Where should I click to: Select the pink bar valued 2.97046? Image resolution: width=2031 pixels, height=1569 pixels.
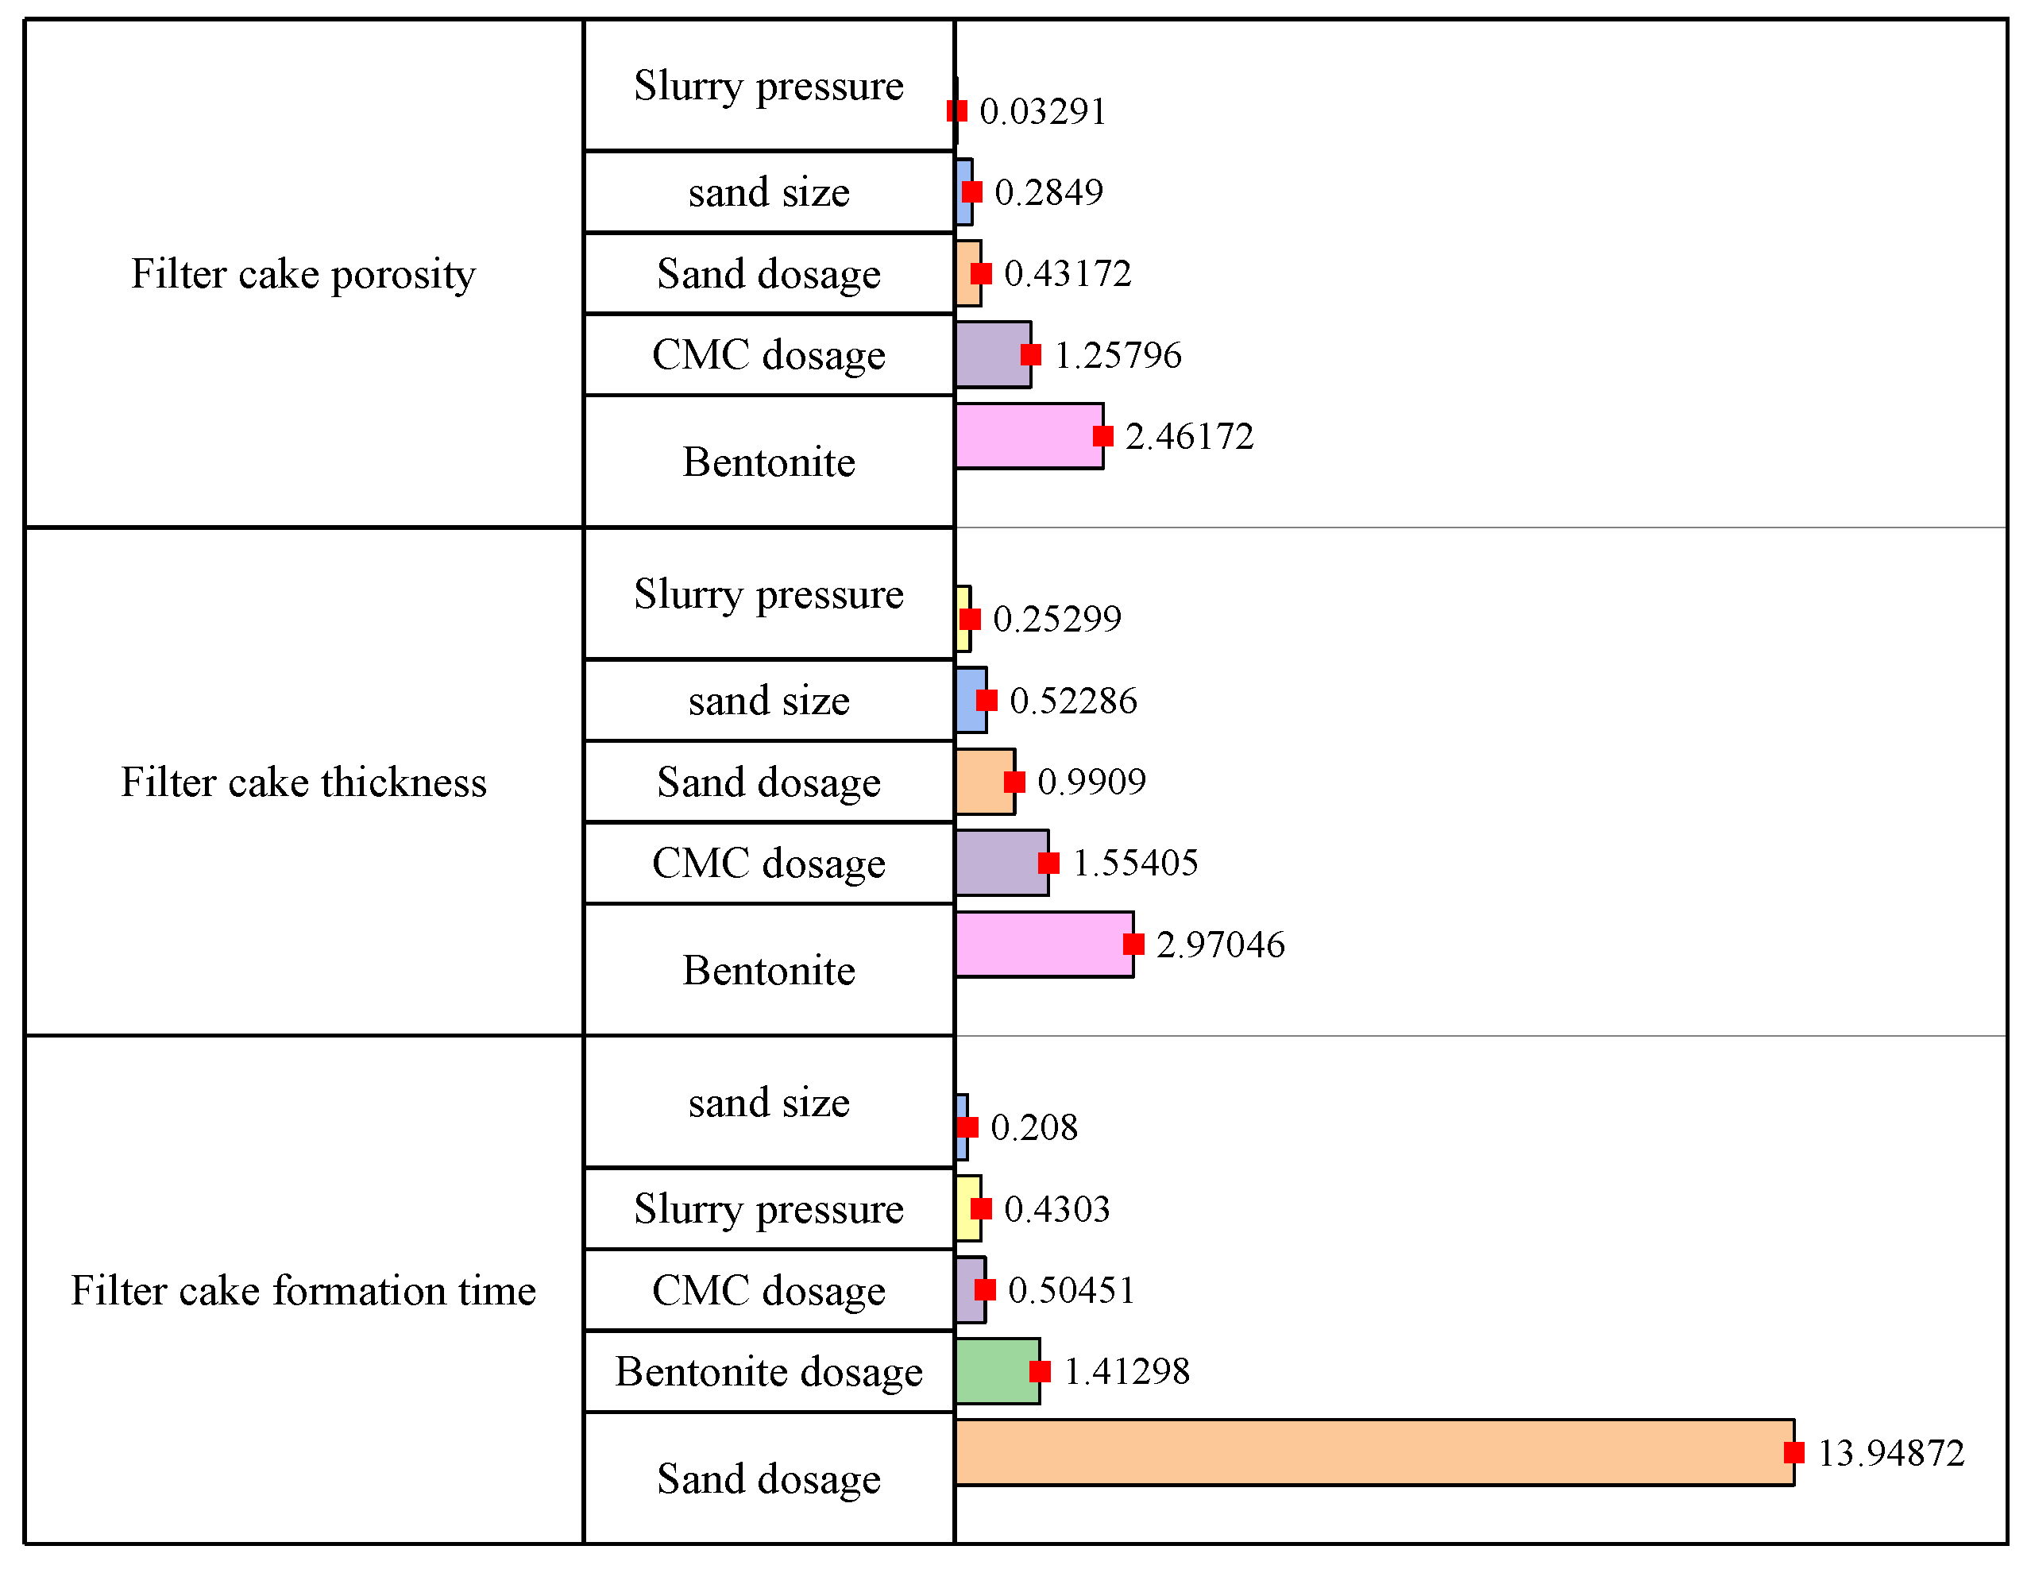click(1044, 944)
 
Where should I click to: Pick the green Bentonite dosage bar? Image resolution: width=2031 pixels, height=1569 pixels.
click(997, 1371)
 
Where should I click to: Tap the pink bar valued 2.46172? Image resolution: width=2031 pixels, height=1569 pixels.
click(1029, 435)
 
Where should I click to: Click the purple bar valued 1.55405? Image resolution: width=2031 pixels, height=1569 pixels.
click(1001, 863)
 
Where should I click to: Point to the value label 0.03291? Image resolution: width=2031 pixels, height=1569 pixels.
click(1042, 111)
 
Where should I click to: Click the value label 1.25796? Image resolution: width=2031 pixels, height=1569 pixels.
click(1117, 355)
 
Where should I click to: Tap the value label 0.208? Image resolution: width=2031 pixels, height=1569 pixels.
click(1033, 1128)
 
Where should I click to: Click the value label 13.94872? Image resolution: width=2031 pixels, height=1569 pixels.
click(1890, 1453)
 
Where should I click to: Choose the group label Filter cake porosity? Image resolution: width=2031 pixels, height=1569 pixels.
click(303, 274)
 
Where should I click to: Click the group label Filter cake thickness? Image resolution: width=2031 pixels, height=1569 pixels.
click(303, 783)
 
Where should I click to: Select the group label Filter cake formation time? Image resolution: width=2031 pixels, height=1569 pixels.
click(303, 1291)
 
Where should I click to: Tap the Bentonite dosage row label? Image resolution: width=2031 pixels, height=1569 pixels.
click(769, 1372)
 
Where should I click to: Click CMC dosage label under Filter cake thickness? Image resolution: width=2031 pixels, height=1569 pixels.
click(769, 863)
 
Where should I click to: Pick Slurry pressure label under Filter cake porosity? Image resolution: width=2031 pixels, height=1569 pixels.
click(769, 86)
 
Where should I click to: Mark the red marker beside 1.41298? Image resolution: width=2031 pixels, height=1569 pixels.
click(1040, 1371)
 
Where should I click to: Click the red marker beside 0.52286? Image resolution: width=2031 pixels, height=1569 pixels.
click(987, 701)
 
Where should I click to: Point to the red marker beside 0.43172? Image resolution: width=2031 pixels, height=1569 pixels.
click(981, 273)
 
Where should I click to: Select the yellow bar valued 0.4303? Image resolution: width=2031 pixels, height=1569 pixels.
click(967, 1208)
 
